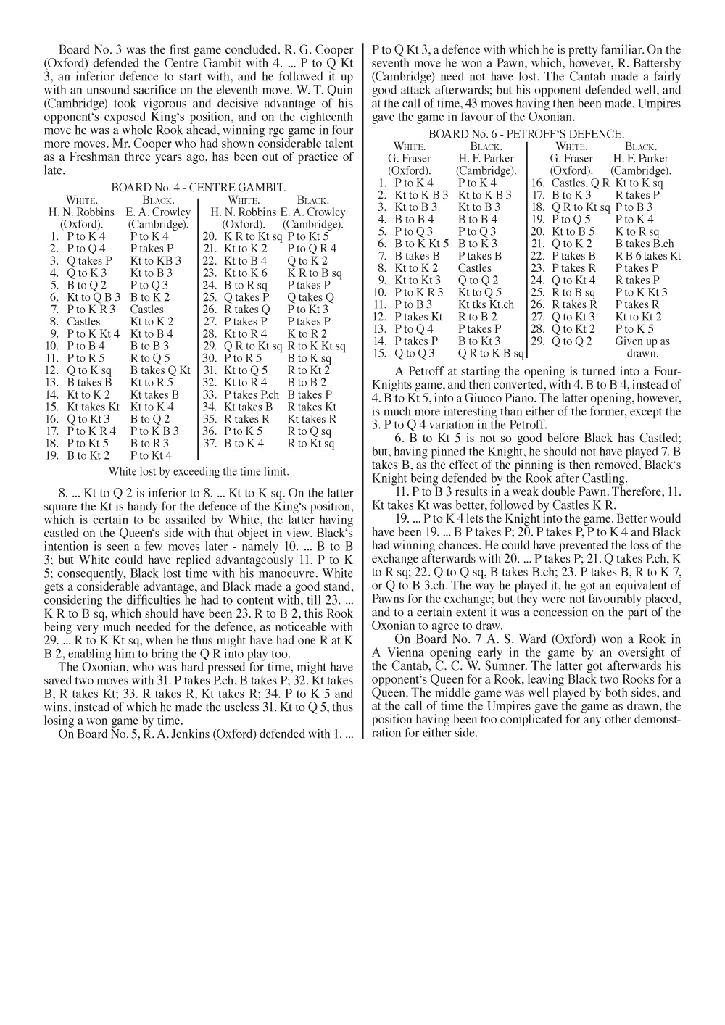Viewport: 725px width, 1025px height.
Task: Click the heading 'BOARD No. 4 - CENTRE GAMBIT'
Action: point(199,187)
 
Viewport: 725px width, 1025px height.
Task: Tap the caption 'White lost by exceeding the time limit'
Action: point(199,471)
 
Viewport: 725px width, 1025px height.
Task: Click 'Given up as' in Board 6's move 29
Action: point(642,341)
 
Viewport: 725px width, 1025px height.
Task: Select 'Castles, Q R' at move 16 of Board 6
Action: point(581,183)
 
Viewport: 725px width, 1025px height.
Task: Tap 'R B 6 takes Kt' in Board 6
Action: point(648,256)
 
